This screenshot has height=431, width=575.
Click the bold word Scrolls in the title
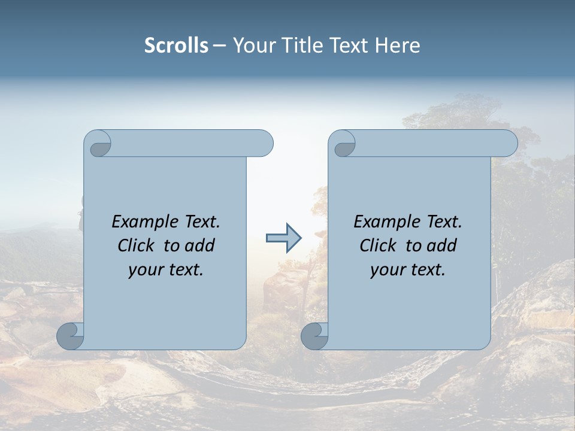coord(176,45)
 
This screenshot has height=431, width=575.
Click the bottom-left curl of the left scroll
coord(71,336)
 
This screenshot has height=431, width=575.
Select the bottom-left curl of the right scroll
coord(314,336)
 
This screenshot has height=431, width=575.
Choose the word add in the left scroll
coord(199,246)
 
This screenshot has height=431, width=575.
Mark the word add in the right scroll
coord(441,246)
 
